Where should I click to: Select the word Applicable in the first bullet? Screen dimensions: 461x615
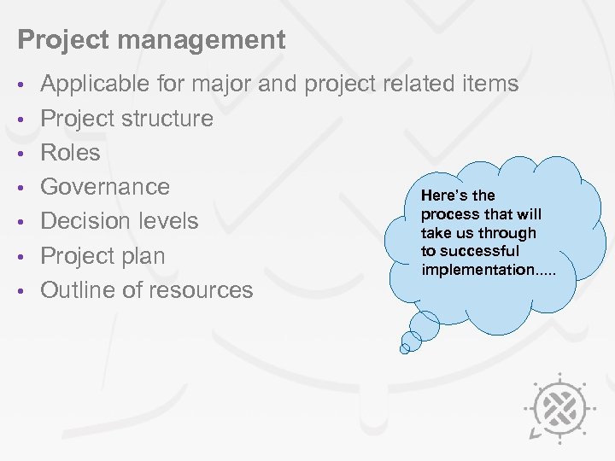98,84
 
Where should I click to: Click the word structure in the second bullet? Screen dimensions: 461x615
167,119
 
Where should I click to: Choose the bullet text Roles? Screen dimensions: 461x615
71,153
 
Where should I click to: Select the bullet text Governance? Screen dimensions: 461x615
105,187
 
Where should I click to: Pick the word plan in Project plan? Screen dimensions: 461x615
145,256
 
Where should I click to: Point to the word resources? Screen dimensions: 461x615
201,290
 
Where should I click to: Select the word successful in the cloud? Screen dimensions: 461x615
486,251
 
